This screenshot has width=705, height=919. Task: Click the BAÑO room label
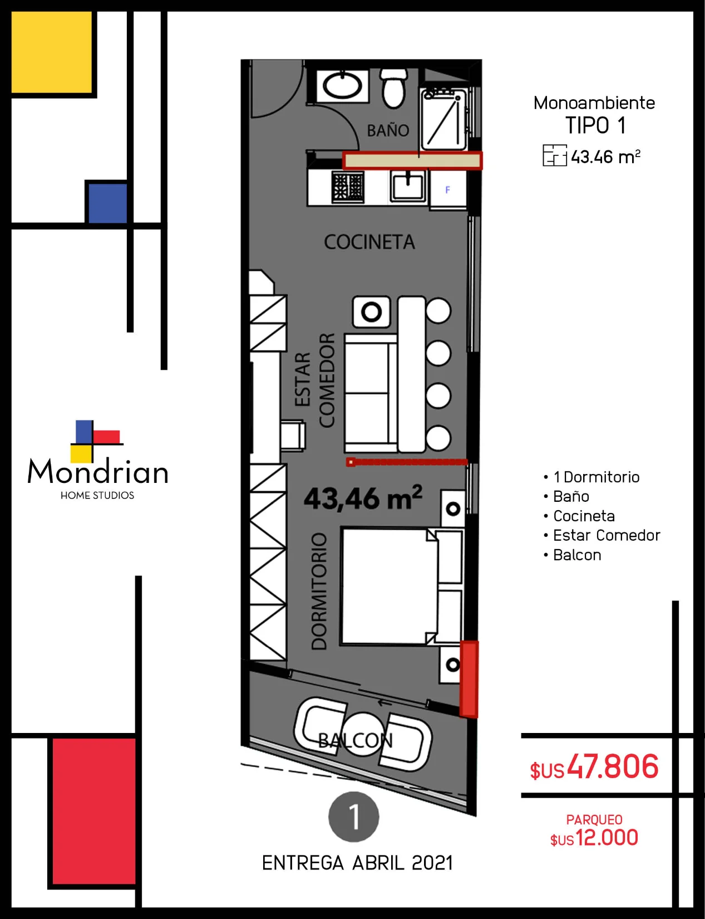[388, 130]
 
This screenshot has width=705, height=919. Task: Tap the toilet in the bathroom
[394, 87]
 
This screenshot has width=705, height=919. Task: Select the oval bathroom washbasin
[342, 85]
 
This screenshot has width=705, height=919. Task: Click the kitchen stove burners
[348, 187]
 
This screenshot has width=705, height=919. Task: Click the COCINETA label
[369, 242]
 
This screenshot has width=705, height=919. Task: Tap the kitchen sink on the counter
[408, 186]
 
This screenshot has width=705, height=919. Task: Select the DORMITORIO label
[319, 592]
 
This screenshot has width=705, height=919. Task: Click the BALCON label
[355, 741]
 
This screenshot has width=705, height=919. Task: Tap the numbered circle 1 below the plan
[353, 817]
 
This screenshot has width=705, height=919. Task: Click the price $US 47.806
[594, 767]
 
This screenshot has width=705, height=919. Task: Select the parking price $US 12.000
[594, 838]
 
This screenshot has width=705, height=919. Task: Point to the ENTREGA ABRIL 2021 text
[357, 863]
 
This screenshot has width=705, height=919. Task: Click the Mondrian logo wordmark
[97, 472]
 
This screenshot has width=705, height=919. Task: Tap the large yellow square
[51, 52]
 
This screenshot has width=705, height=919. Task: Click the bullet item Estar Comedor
[606, 535]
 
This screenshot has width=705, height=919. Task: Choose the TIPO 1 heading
[595, 125]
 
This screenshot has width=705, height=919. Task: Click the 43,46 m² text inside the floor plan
[363, 498]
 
